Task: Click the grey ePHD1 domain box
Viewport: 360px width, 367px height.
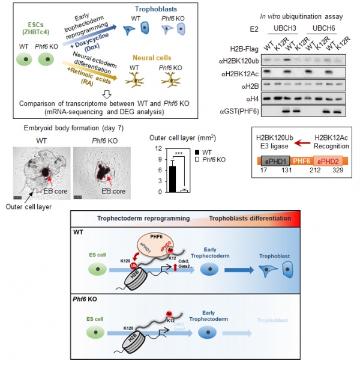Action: (x=273, y=160)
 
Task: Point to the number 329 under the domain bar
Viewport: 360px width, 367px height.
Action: (x=339, y=171)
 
